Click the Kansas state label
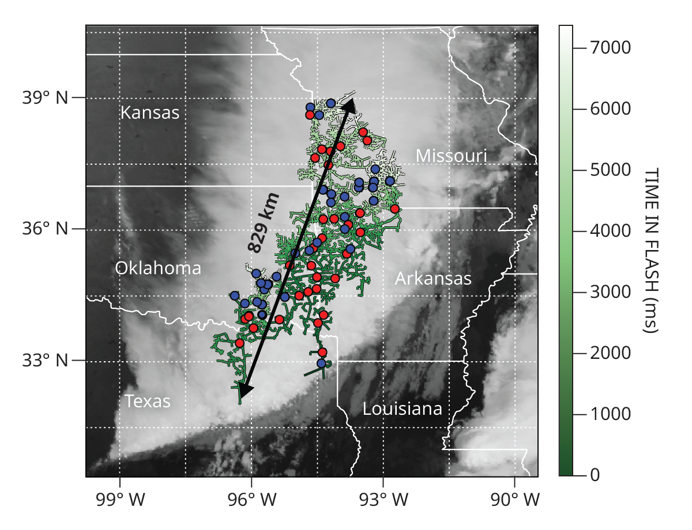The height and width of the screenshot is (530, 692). tap(150, 112)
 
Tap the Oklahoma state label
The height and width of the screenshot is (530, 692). tap(158, 268)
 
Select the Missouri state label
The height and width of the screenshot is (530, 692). tap(452, 156)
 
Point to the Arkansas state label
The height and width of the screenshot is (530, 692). tap(433, 279)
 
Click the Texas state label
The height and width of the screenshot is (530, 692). tap(148, 401)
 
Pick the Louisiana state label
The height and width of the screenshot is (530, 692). tap(403, 409)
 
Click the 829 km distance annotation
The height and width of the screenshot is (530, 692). tap(264, 224)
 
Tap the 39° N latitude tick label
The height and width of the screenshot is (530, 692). tap(45, 98)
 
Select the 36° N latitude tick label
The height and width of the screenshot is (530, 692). tap(45, 229)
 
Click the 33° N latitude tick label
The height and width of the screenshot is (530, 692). tap(45, 361)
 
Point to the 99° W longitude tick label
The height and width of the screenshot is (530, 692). tap(120, 500)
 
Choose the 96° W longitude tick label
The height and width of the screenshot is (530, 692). tap(251, 500)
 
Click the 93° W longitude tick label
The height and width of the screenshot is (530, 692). tap(383, 500)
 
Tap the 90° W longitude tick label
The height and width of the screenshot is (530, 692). tap(515, 500)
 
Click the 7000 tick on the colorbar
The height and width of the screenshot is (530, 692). tap(611, 48)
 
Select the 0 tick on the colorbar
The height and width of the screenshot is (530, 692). tap(595, 475)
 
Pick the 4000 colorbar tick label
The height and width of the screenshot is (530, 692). tap(611, 231)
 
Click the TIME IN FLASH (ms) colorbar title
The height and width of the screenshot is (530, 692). tap(650, 251)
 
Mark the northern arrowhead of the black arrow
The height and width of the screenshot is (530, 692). tap(349, 105)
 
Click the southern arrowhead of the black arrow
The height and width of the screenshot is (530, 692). tap(245, 390)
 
